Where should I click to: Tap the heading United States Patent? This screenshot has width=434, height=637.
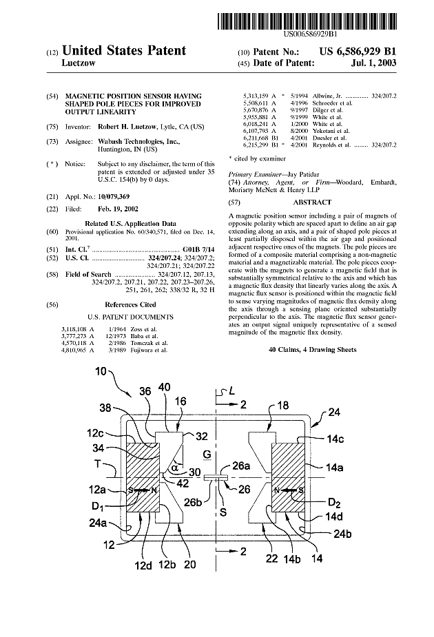(x=124, y=50)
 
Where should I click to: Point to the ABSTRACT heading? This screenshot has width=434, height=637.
(x=312, y=202)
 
